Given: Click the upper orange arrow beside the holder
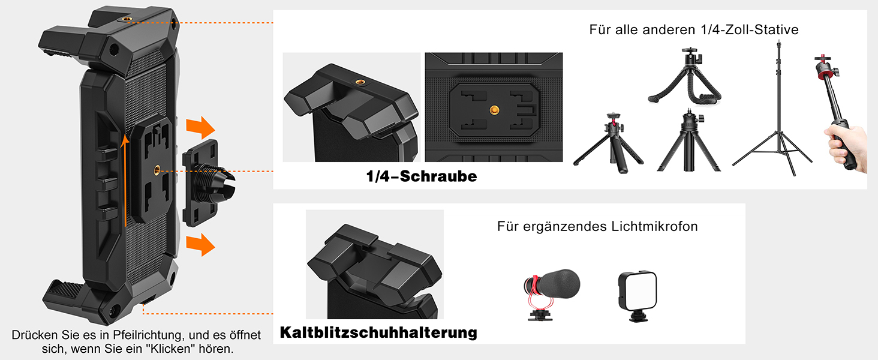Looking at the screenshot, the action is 200,127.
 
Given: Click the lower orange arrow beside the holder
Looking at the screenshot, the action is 200,245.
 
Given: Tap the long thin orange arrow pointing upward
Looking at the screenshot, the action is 125,181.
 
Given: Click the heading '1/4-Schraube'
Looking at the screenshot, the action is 422,176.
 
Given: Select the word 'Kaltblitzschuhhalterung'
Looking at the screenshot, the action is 378,332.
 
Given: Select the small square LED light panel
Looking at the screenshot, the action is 638,296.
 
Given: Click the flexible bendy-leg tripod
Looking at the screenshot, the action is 685,76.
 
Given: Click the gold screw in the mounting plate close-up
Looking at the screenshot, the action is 494,110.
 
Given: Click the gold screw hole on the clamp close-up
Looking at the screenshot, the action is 359,82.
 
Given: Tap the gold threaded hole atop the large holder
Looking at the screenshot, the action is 126,19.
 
